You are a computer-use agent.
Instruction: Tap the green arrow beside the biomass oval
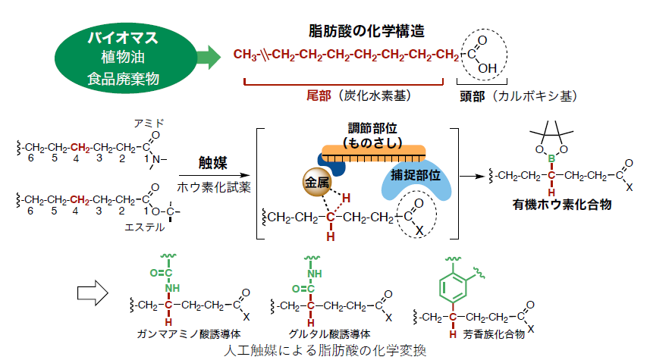click(209, 57)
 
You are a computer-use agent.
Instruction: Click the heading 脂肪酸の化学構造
click(366, 31)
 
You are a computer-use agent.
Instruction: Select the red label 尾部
click(319, 95)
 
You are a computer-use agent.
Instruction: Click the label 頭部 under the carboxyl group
click(472, 96)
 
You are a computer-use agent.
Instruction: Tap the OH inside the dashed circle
click(487, 68)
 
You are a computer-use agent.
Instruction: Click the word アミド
click(149, 123)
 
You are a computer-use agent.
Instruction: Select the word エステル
click(144, 227)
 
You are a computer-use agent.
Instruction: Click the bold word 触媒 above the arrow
click(212, 163)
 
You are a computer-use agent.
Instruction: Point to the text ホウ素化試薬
click(214, 187)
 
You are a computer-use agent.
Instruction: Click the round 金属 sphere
click(317, 182)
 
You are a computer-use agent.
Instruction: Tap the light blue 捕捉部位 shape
click(416, 179)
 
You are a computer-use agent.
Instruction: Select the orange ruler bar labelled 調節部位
click(373, 153)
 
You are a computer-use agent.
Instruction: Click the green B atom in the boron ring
click(551, 158)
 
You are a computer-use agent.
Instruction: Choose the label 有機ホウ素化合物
click(562, 204)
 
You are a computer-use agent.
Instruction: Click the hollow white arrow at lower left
click(93, 293)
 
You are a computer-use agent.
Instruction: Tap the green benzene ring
click(453, 286)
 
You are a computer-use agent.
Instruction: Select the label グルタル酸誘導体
click(330, 334)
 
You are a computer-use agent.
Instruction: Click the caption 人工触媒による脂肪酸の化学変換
click(325, 350)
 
